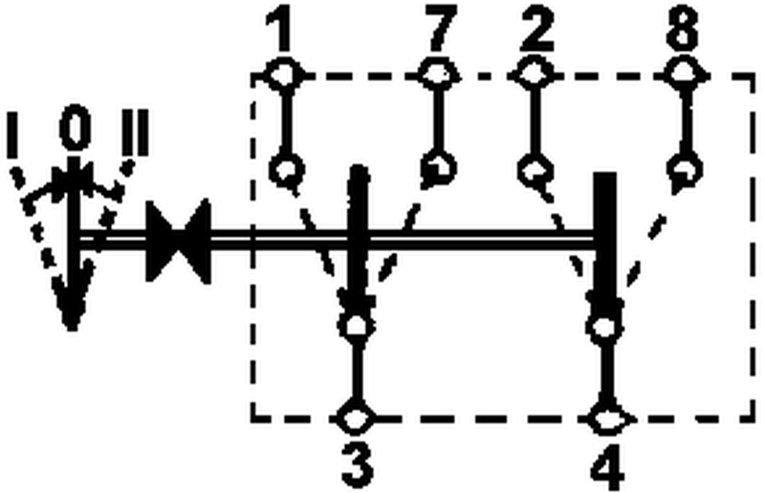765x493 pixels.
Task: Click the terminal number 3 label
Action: tap(357, 468)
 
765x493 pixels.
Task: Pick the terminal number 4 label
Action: tap(605, 468)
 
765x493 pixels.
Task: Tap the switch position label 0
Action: tap(72, 130)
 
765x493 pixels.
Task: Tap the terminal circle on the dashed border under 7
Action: tap(437, 74)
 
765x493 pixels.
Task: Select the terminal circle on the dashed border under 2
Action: tap(532, 74)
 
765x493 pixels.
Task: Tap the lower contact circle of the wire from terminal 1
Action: tap(284, 170)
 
